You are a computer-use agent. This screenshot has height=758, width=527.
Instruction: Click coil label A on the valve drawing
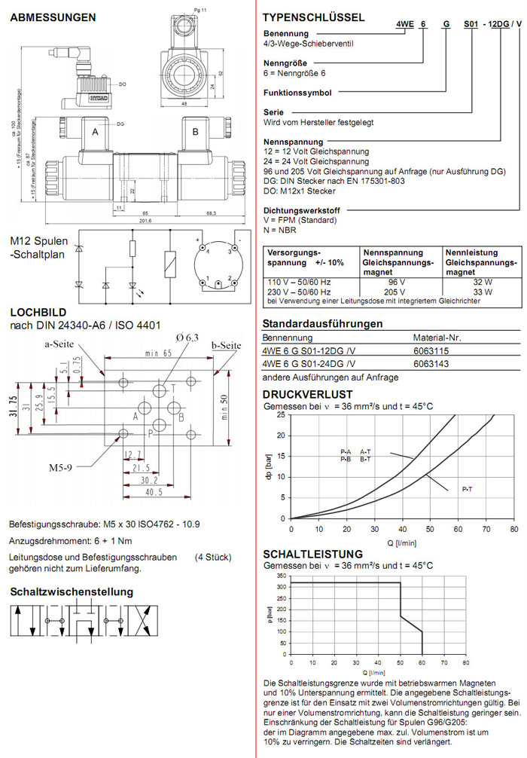(96, 132)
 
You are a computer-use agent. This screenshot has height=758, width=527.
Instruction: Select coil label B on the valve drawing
(196, 132)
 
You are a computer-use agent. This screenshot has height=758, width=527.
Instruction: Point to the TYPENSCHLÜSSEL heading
(313, 17)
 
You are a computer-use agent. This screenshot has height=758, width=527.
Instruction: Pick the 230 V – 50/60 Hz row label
(299, 291)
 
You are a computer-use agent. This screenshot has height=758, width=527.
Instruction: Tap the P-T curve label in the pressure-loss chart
(467, 490)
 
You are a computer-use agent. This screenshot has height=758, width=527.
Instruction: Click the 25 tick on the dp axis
(282, 415)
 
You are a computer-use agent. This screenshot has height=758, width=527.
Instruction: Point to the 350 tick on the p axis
(281, 574)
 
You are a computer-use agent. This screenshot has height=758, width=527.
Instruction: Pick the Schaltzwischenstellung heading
(72, 591)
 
